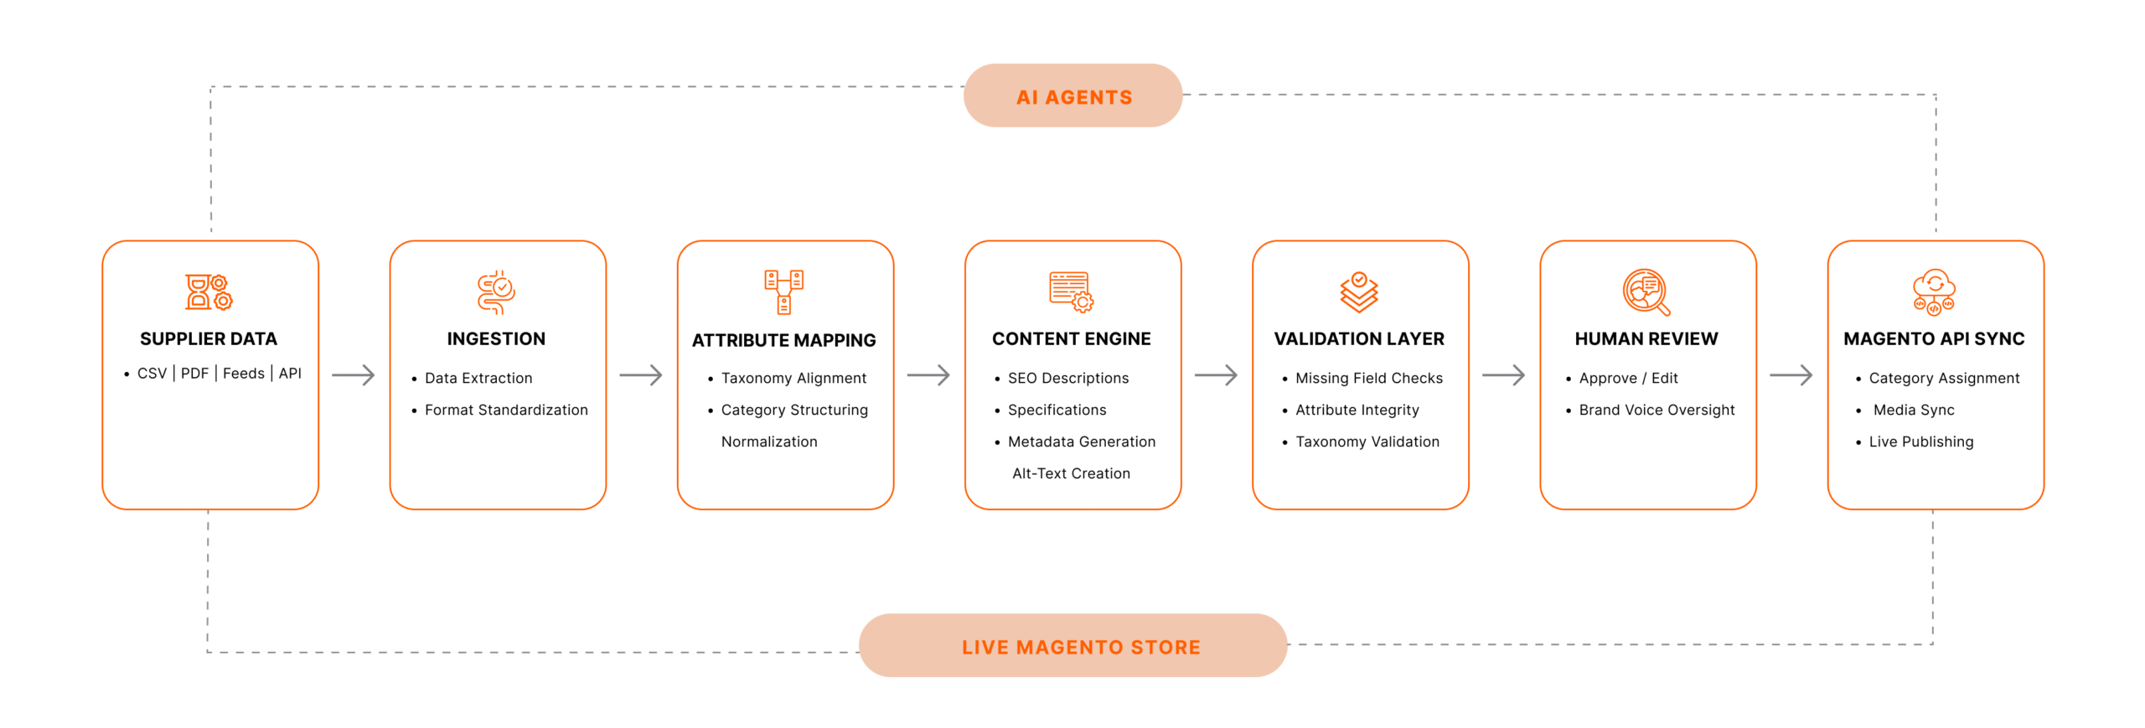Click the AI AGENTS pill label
(1073, 97)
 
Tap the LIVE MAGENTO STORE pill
(1080, 647)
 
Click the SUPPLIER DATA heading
(208, 338)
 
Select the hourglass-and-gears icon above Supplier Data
(209, 292)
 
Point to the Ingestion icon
(496, 292)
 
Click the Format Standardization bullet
(505, 410)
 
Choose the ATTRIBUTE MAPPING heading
(783, 340)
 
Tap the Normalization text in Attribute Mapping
(768, 441)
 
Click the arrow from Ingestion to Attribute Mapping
(641, 374)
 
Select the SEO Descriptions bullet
(1067, 378)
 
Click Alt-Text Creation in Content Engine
(1071, 473)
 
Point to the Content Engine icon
(1071, 292)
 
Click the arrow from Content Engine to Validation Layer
(1216, 374)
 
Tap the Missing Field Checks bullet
(1368, 378)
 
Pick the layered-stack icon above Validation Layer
(1358, 292)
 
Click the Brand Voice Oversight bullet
(1656, 410)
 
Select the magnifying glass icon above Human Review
(1646, 292)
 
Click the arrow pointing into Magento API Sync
(1791, 374)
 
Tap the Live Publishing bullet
(1920, 441)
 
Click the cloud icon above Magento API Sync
(1933, 292)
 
